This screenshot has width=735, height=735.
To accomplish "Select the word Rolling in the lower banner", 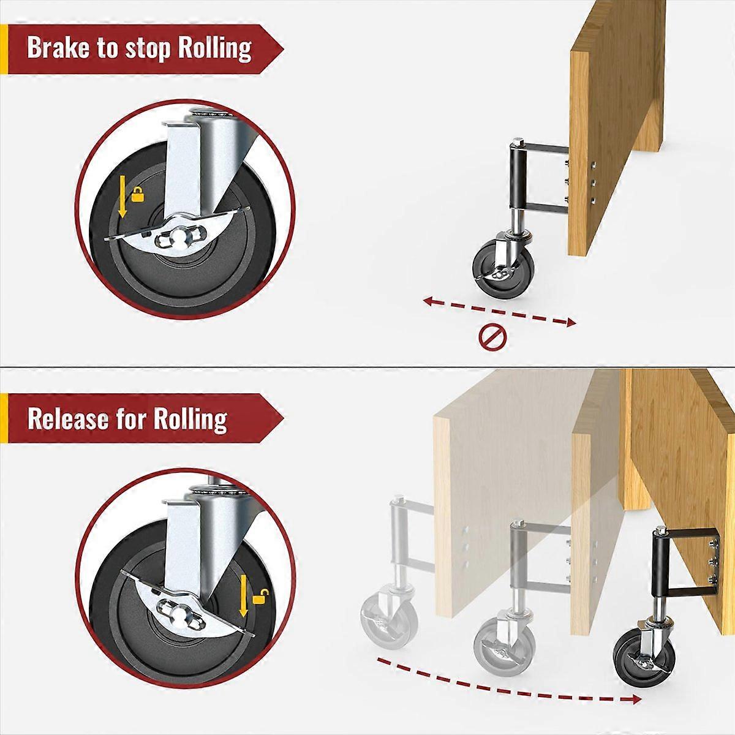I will pyautogui.click(x=190, y=419).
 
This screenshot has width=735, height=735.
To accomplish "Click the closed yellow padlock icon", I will pyautogui.click(x=138, y=196).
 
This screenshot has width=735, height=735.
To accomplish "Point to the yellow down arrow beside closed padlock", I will pyautogui.click(x=123, y=196).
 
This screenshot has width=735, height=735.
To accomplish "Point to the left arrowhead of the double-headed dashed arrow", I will pyautogui.click(x=429, y=300).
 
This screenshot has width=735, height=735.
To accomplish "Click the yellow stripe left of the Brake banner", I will pyautogui.click(x=4, y=48).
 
